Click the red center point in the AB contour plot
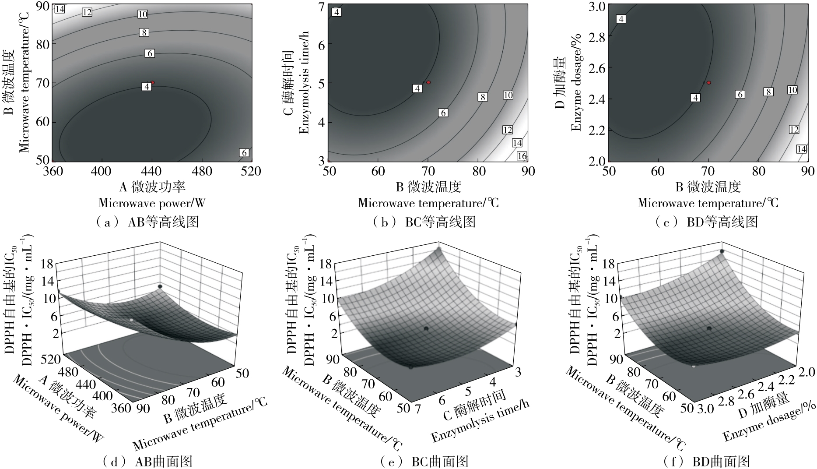click(152, 82)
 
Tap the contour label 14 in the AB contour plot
click(60, 9)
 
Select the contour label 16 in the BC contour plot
click(522, 156)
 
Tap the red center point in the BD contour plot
click(709, 82)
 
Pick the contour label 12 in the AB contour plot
click(87, 12)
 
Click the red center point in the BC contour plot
click(428, 82)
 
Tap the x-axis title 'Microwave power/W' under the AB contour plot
click(152, 203)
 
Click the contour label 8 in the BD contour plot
click(768, 92)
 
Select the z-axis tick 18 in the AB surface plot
click(48, 264)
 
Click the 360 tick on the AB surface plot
click(121, 407)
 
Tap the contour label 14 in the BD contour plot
click(802, 149)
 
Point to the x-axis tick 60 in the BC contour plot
click(378, 171)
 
